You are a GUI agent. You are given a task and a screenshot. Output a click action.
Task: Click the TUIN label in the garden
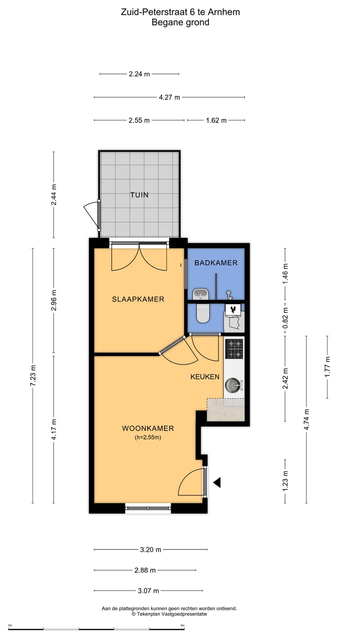click(x=139, y=195)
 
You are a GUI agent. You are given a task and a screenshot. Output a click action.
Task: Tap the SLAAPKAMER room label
click(x=138, y=299)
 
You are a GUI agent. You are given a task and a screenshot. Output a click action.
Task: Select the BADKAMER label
click(x=216, y=263)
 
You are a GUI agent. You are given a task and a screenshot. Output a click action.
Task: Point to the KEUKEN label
click(x=205, y=377)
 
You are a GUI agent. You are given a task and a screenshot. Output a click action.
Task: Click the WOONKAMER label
click(x=148, y=428)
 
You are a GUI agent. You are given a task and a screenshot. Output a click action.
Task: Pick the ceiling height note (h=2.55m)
click(x=148, y=437)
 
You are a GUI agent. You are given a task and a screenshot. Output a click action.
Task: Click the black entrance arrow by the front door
click(x=217, y=482)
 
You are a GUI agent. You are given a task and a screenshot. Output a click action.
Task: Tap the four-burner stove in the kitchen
click(x=234, y=348)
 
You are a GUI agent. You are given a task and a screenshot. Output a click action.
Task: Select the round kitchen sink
click(x=231, y=385)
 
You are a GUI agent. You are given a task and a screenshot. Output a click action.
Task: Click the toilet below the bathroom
click(x=203, y=313)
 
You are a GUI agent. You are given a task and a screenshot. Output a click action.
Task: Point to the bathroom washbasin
click(x=200, y=293)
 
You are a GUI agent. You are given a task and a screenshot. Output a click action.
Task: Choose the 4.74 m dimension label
click(x=306, y=418)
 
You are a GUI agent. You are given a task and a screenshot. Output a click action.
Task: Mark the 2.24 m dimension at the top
click(x=139, y=74)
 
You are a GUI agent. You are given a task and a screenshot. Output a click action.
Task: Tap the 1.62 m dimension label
click(x=216, y=120)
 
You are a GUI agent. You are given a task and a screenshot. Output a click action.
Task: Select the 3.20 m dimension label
click(x=150, y=549)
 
